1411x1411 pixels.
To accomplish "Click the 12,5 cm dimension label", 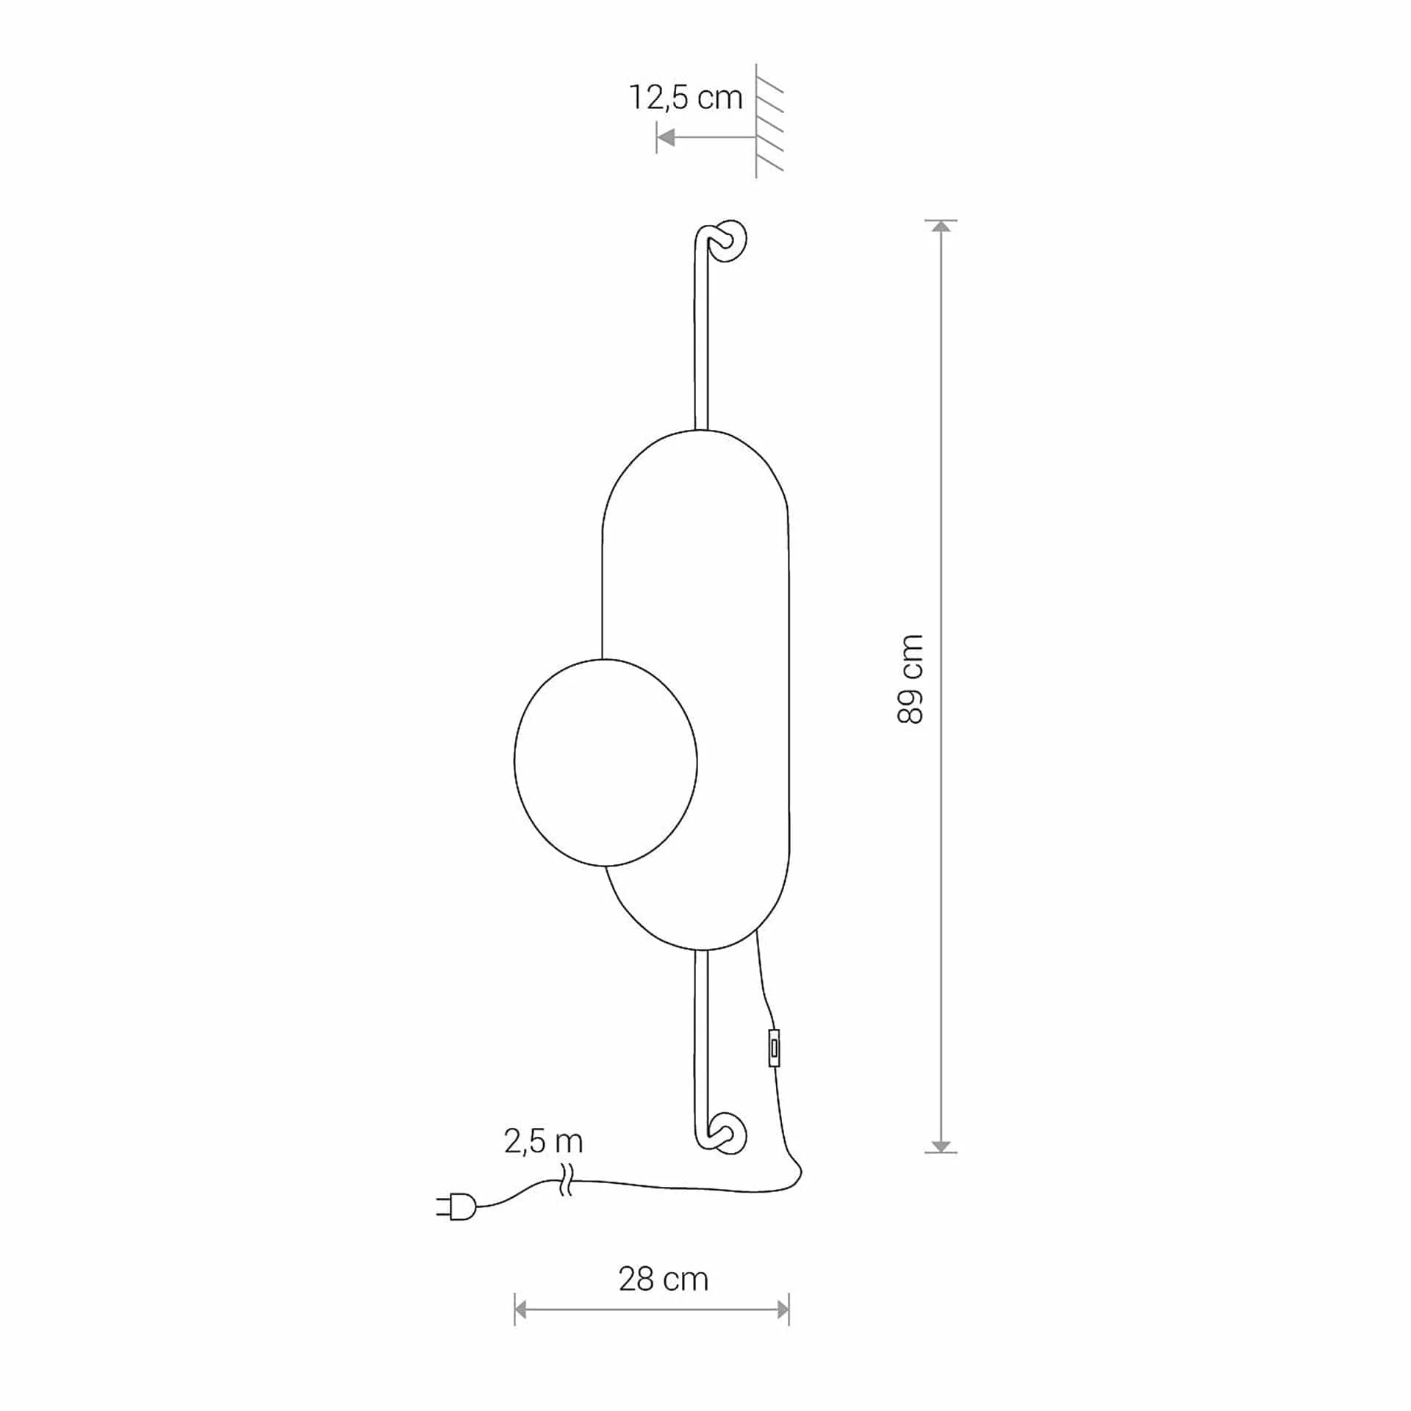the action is [x=686, y=97].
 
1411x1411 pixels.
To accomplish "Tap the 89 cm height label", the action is [x=910, y=679].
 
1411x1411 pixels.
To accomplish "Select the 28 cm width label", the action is [x=663, y=1279].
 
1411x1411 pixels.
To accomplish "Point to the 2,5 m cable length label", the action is [x=544, y=1141].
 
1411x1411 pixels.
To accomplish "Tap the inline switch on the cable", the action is [x=774, y=1048].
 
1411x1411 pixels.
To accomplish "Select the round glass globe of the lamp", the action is [x=606, y=762].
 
